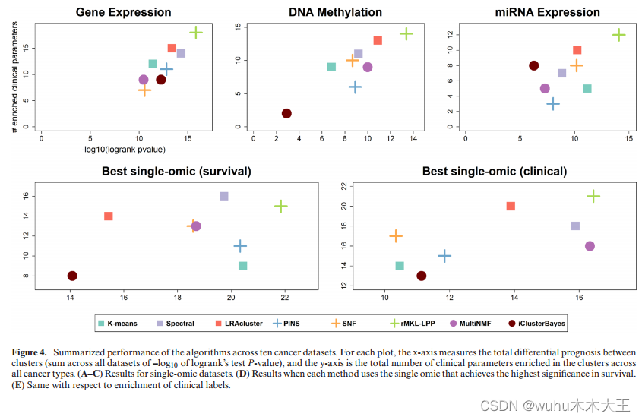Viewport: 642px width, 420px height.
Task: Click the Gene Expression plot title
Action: coord(134,12)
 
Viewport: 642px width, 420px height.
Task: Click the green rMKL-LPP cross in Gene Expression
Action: coord(196,32)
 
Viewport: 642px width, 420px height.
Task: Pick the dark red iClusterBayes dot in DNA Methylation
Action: coord(286,113)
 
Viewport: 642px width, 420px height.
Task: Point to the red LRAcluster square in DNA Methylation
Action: coord(378,40)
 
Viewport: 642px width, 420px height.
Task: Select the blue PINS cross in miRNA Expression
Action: coord(552,103)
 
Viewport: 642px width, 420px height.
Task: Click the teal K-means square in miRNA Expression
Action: coord(587,88)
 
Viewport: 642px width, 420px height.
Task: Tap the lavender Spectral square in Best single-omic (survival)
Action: coord(224,196)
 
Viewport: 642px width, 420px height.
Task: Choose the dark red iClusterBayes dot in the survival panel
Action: coord(72,276)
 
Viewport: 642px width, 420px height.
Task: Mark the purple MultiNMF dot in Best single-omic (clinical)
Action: coord(590,246)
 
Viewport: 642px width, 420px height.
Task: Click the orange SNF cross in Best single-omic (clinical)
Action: coord(395,236)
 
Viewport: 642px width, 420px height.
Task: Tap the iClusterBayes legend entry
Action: coord(536,324)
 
